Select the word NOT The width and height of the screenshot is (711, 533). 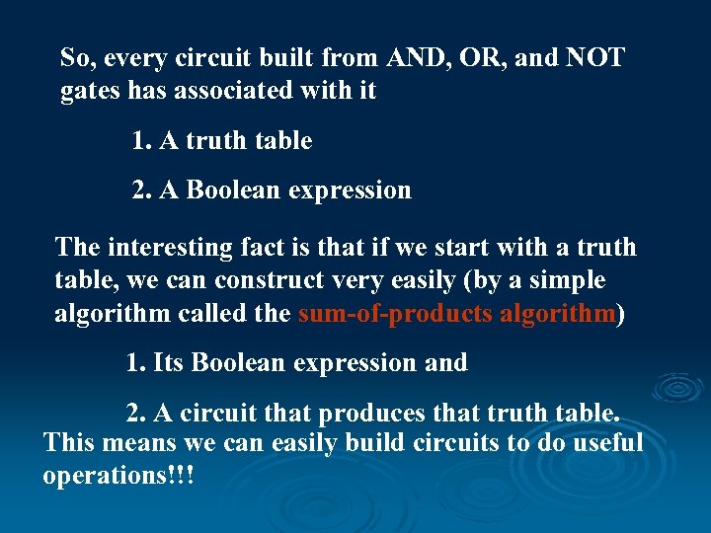pyautogui.click(x=595, y=57)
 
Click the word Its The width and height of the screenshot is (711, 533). pyautogui.click(x=169, y=362)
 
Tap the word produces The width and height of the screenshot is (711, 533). pyautogui.click(x=372, y=410)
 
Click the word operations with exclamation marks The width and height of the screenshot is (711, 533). pyautogui.click(x=118, y=476)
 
